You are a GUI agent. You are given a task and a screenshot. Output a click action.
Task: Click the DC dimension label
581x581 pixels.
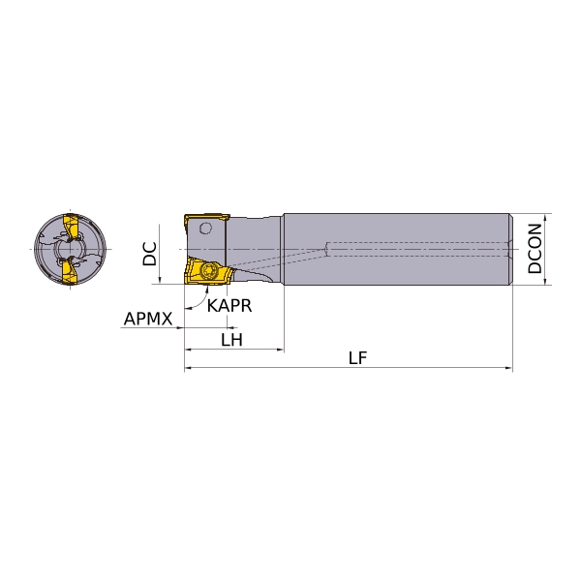tap(150, 254)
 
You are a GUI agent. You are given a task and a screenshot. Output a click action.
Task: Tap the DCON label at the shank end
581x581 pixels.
tap(535, 248)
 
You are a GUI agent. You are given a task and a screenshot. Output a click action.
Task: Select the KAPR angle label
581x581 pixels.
tap(229, 306)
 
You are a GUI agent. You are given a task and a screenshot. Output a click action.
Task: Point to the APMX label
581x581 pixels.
tap(148, 319)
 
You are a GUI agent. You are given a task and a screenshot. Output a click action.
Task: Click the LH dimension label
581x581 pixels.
tap(232, 340)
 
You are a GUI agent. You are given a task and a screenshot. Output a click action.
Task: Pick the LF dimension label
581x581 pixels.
tap(357, 358)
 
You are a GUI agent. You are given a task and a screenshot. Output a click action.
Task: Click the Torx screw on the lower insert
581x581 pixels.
tap(208, 271)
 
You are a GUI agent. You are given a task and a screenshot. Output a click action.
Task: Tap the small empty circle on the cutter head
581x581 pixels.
tap(205, 228)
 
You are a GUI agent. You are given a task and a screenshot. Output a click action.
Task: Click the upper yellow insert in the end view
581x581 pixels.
tap(71, 226)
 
